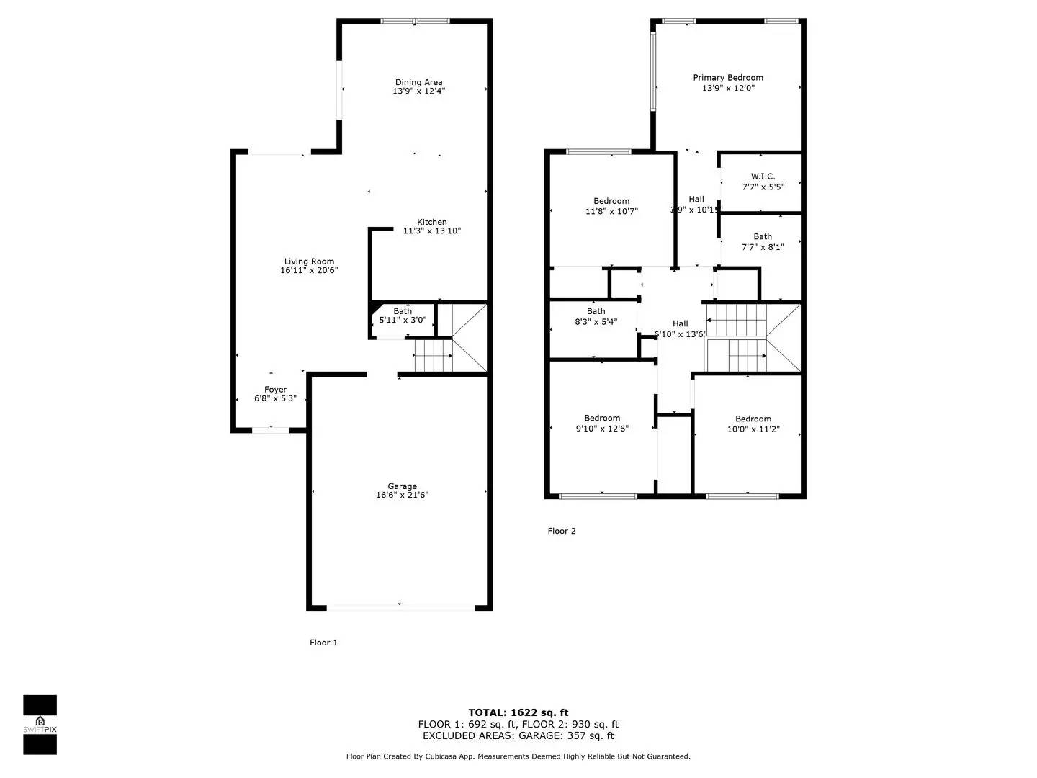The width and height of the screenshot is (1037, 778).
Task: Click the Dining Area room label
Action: tap(418, 82)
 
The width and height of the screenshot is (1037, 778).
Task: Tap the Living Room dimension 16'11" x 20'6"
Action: tap(309, 271)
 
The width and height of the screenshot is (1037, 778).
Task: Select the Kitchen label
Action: tap(431, 222)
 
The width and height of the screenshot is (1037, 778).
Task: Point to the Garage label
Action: tap(402, 486)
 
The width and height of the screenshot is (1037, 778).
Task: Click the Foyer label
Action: tap(275, 390)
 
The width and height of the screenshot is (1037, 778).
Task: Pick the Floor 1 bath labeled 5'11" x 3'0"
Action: tap(403, 316)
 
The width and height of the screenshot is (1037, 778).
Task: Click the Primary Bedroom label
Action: tap(728, 78)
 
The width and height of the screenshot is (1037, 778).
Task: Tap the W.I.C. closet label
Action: tap(763, 176)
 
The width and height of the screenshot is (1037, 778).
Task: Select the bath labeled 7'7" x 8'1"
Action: tap(763, 241)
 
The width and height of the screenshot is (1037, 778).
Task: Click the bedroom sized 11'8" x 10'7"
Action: tap(611, 206)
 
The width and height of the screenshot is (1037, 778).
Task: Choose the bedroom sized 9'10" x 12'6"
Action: tap(602, 423)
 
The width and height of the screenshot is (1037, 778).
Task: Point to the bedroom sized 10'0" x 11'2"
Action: tap(753, 424)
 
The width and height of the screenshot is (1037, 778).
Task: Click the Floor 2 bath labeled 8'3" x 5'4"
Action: tap(596, 317)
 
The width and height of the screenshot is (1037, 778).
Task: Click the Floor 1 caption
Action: tap(323, 643)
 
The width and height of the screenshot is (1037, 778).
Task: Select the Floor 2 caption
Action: tap(562, 532)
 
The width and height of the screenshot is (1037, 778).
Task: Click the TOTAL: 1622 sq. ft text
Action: tap(518, 712)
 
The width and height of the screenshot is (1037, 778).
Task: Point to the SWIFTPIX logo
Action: tap(40, 725)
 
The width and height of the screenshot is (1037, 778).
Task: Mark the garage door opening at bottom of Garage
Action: tap(400, 607)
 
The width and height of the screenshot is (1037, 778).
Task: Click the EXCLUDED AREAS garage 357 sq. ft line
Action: tap(518, 735)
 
